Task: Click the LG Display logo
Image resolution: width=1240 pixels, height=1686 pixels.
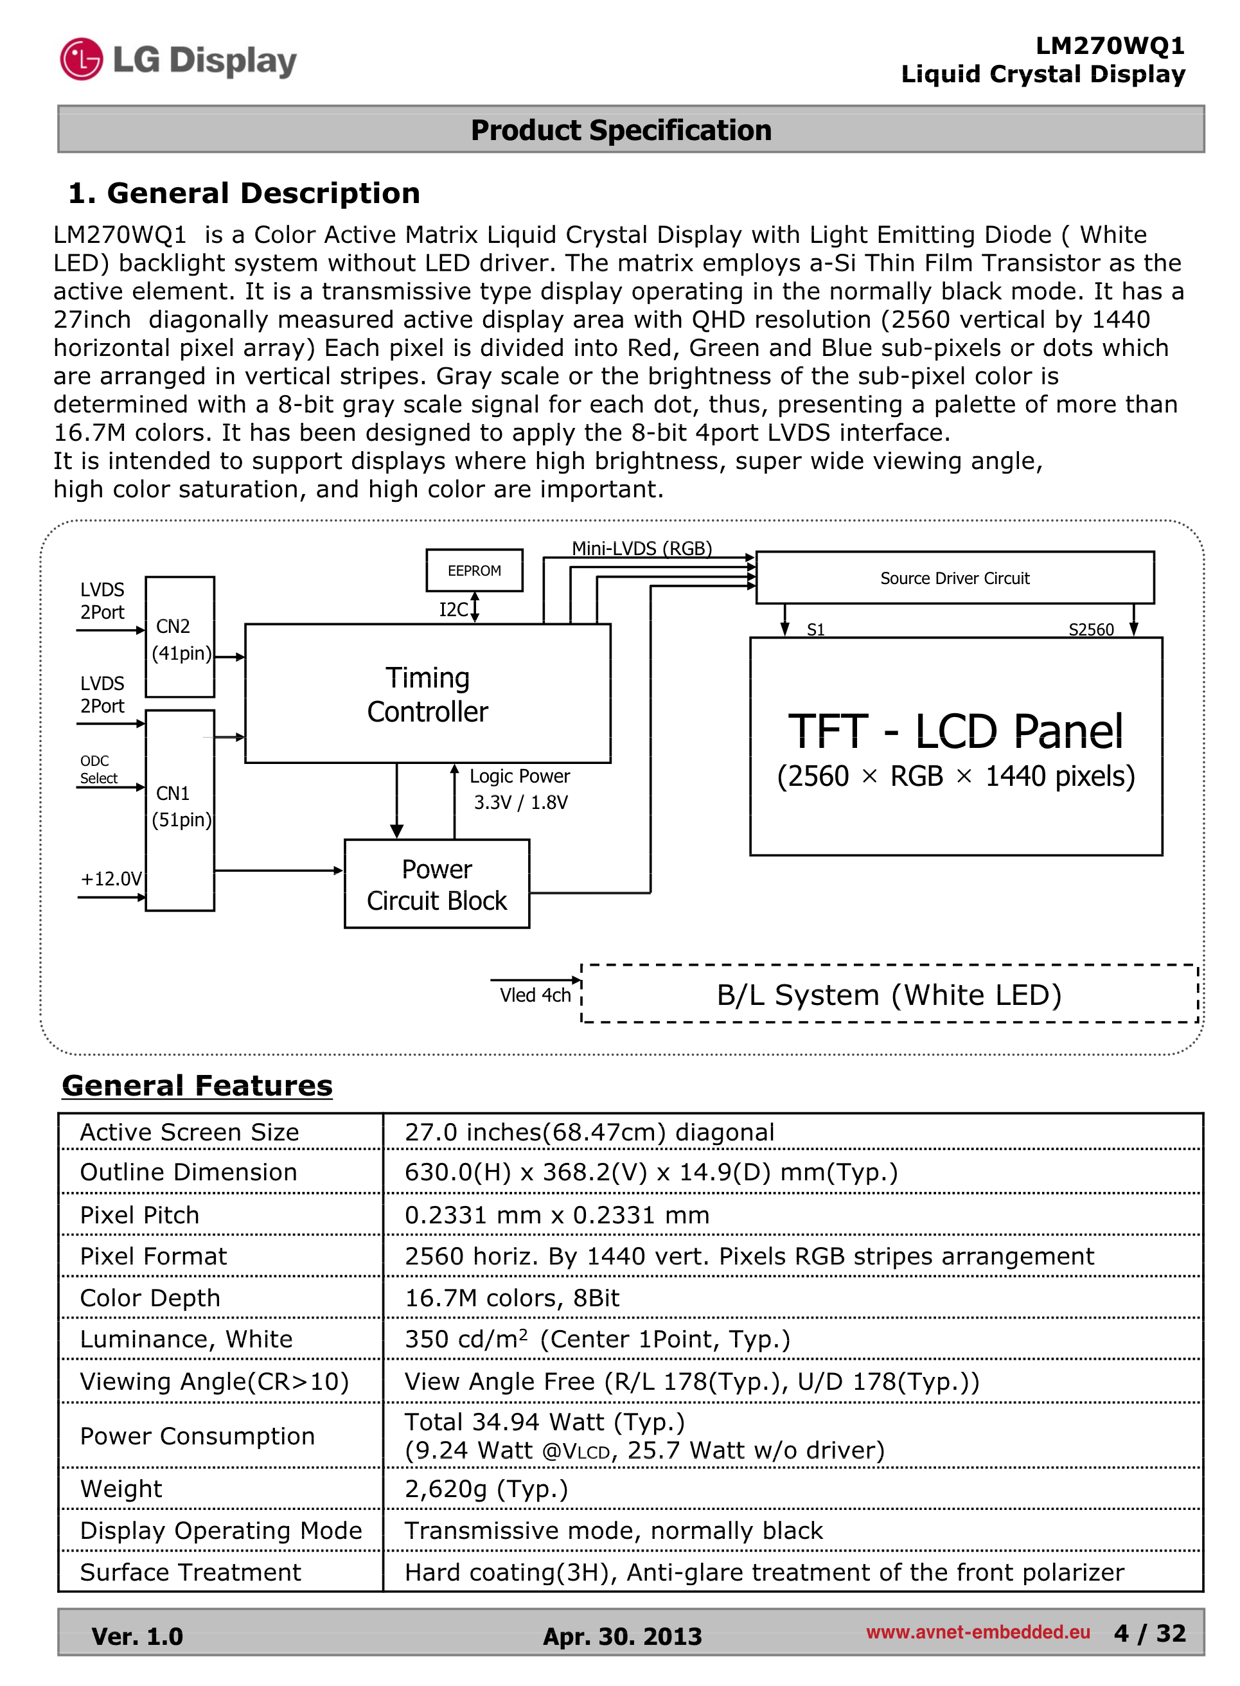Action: coord(179,60)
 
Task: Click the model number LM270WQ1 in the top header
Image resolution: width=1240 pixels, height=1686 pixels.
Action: coord(1110,46)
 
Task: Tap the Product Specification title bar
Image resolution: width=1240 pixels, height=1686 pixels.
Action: coord(621,130)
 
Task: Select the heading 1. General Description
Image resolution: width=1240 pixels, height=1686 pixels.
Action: coord(244,193)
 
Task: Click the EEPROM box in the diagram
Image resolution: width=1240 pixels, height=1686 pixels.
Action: coord(474,571)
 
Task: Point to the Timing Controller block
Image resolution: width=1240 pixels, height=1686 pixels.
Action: coord(427,695)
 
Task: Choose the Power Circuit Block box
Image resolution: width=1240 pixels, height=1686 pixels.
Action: coord(436,884)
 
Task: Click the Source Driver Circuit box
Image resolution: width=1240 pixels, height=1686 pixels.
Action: coord(954,578)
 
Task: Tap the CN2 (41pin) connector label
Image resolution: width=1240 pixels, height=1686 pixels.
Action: coord(180,639)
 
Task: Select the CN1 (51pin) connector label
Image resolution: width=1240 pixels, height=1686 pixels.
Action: coord(180,806)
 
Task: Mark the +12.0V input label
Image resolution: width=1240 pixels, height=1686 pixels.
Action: coord(111,878)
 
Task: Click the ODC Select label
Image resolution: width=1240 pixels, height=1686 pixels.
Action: coord(98,770)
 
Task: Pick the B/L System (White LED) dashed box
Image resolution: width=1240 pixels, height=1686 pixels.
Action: coord(889,995)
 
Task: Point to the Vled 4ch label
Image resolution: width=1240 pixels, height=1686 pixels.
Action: coord(535,995)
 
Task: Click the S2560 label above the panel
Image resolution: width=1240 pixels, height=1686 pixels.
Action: coord(1091,629)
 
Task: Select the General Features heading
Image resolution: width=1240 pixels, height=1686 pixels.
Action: coord(197,1085)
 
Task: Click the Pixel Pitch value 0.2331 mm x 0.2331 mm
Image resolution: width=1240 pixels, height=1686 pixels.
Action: coord(557,1214)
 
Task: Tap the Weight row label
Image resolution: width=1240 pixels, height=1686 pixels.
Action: coord(121,1489)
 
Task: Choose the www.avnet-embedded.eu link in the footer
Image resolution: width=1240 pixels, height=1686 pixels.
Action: coord(977,1632)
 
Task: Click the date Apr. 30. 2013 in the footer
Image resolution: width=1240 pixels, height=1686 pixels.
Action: coord(623,1636)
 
